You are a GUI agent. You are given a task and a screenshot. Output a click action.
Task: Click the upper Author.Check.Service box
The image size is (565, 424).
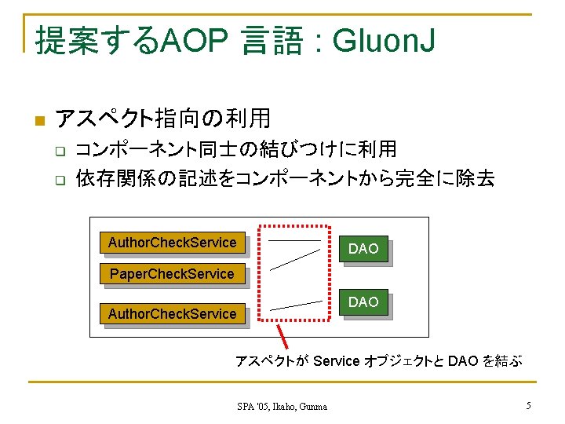coord(172,243)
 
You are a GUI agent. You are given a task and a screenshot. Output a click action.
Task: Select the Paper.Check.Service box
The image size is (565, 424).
coord(172,274)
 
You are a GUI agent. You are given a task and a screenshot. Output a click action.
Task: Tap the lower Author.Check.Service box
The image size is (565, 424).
coord(172,313)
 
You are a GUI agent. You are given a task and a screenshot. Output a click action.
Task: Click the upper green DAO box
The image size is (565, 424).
coord(363,249)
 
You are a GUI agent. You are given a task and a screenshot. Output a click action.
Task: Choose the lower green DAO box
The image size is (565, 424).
coord(363,302)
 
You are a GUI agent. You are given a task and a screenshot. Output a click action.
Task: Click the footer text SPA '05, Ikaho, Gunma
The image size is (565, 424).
coord(282,406)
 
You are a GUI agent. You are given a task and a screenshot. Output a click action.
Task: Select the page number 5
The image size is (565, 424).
coord(528,406)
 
